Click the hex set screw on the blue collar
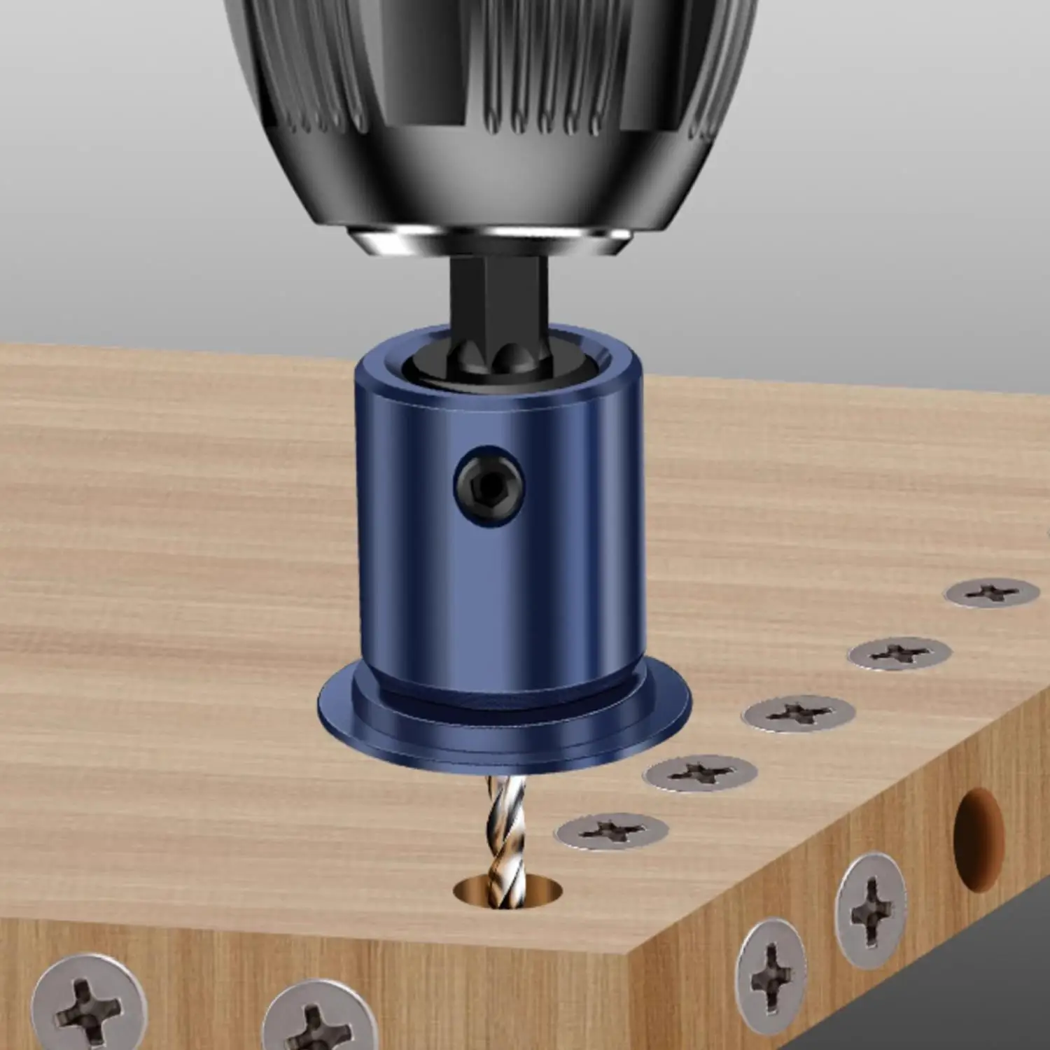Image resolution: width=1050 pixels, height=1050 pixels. click(x=489, y=483)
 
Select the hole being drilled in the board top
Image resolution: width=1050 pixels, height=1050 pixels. click(x=509, y=892)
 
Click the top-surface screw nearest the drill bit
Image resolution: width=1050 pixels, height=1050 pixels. click(x=611, y=831)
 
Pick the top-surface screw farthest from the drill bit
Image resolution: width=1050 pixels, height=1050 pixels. click(x=992, y=593)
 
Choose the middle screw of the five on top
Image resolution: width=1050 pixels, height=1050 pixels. click(x=798, y=713)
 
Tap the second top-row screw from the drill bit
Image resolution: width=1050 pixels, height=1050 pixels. click(x=699, y=773)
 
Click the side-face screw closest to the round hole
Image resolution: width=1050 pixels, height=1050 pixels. click(x=871, y=909)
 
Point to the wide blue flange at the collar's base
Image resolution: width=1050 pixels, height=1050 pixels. click(x=504, y=728)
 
